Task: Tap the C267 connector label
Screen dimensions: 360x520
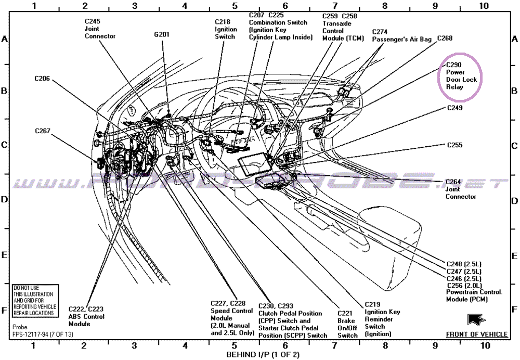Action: pos(43,131)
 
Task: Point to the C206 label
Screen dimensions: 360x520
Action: pos(42,79)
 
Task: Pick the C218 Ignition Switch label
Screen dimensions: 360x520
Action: pos(226,30)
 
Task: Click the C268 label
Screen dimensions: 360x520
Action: pos(445,38)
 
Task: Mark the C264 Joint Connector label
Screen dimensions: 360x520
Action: pos(460,189)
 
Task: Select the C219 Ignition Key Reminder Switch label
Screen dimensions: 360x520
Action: pos(382,319)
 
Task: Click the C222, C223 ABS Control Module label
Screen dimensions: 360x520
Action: pos(86,316)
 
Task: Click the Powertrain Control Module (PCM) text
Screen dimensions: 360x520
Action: pos(474,295)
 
